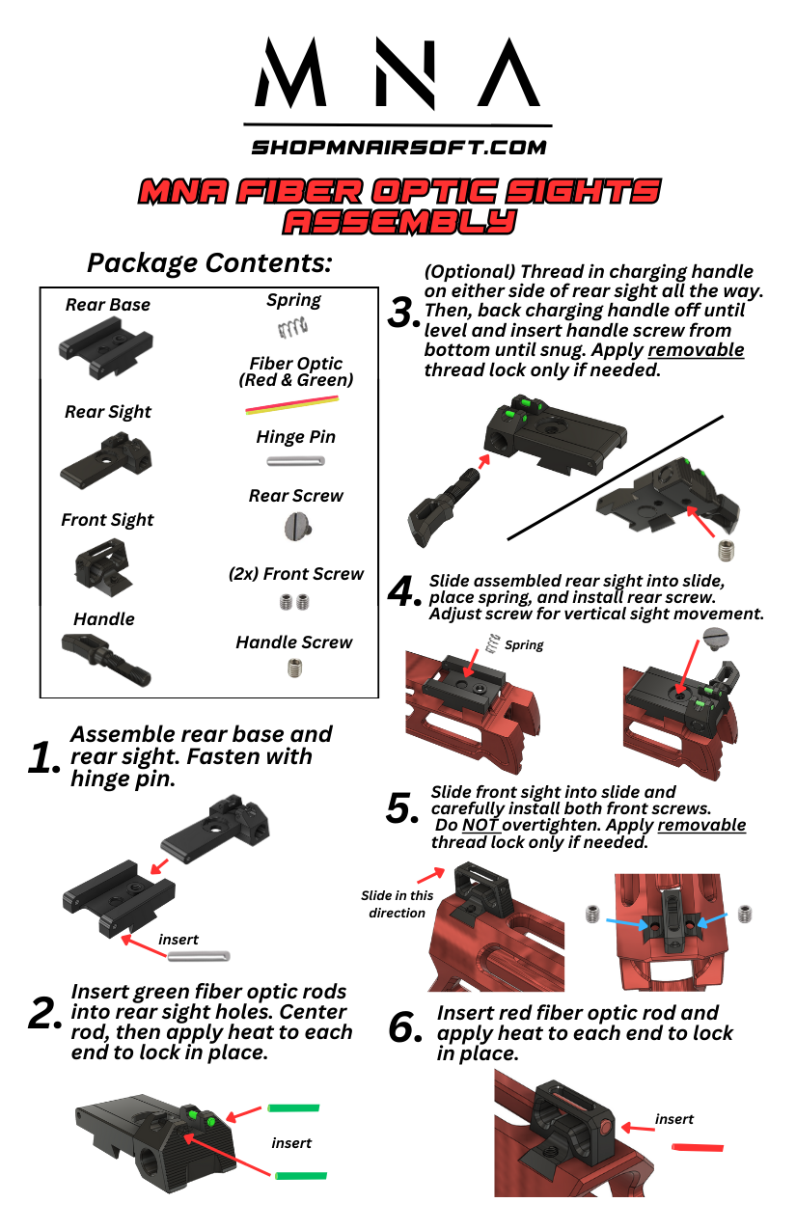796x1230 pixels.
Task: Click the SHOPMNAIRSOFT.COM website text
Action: tap(398, 148)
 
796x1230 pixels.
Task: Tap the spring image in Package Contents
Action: tap(292, 328)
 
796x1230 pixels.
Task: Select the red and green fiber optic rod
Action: tap(291, 404)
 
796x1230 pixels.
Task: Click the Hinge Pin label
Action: tap(295, 437)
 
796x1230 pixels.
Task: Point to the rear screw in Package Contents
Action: tap(298, 527)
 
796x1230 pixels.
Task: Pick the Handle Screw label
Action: tap(294, 642)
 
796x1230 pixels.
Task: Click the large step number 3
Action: tap(402, 313)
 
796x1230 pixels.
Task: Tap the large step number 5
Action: tap(401, 808)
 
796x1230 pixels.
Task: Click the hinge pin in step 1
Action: tap(199, 956)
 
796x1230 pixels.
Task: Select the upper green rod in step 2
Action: tap(293, 1108)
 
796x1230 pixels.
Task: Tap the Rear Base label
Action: tap(108, 305)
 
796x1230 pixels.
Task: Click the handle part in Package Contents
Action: tap(105, 658)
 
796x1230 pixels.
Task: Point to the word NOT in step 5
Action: tap(480, 826)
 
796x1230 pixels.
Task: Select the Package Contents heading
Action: tap(209, 263)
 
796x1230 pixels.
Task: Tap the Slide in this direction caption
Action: tap(397, 904)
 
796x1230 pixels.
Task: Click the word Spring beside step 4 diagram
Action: tap(524, 644)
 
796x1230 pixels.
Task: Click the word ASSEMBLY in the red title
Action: tap(399, 223)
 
